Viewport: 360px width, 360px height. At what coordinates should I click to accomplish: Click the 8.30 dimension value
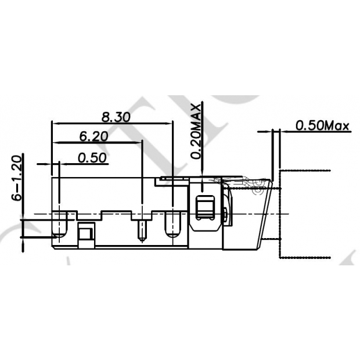tap(115, 116)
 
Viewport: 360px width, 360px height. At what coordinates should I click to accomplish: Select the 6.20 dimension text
tap(93, 137)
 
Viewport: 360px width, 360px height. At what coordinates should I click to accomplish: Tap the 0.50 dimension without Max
tap(92, 157)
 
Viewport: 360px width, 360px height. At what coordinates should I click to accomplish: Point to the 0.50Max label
tap(322, 125)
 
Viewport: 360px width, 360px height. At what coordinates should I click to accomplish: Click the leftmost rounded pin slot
tap(59, 226)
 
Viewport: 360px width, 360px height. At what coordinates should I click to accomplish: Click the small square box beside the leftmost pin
tap(85, 233)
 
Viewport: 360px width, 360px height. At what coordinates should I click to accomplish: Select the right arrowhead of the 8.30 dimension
tap(170, 123)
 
